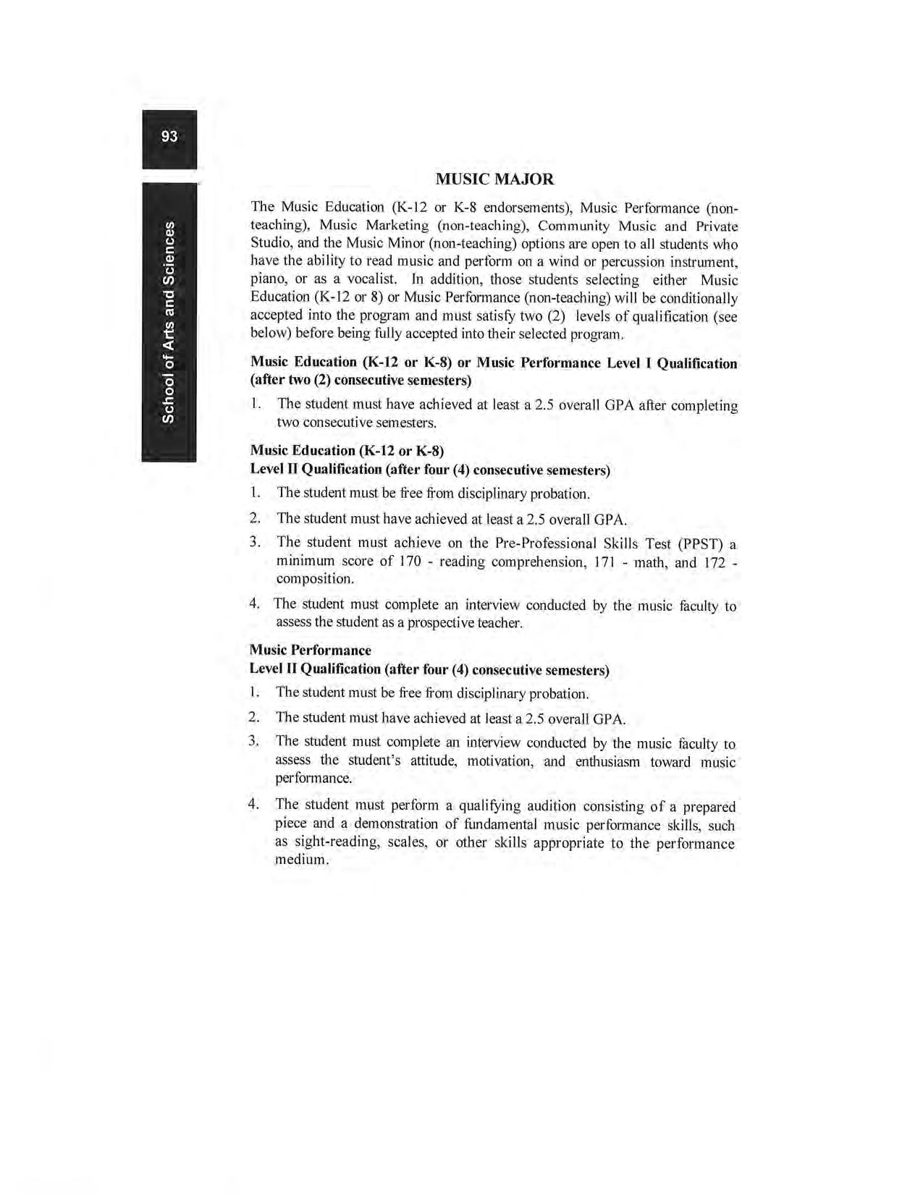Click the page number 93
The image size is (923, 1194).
click(x=169, y=137)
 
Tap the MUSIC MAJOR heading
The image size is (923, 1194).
click(x=494, y=179)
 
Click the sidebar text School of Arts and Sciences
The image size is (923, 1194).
click(x=169, y=323)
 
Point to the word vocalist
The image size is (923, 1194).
click(x=368, y=279)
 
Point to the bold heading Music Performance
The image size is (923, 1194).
click(x=310, y=650)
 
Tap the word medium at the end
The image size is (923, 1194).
click(x=300, y=860)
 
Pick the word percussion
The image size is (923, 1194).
click(x=634, y=261)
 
